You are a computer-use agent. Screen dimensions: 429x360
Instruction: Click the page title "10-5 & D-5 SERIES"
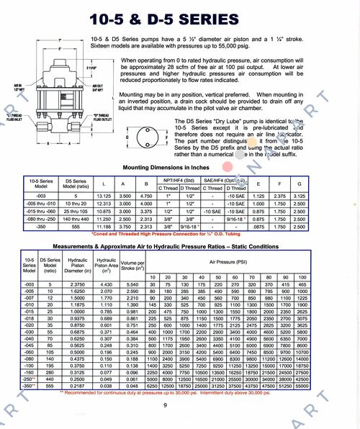[179, 15]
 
